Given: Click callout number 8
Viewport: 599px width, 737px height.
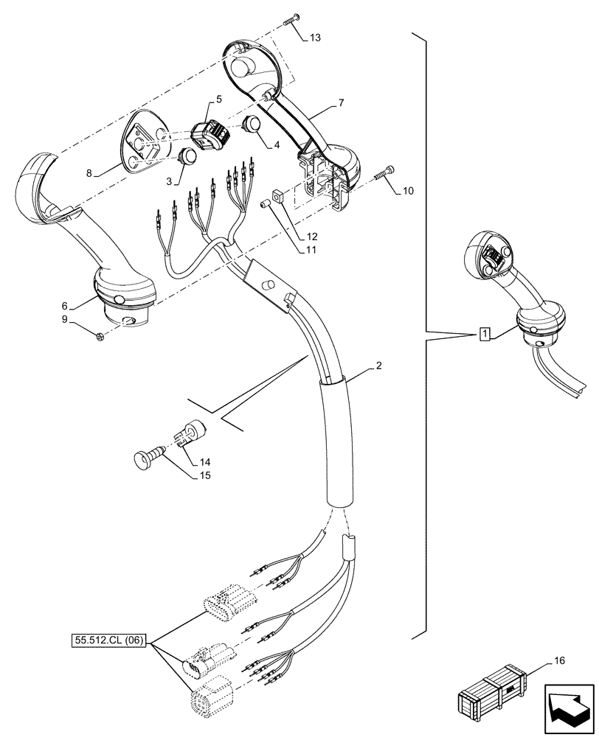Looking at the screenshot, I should [x=89, y=174].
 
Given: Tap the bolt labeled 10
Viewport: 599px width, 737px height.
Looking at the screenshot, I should [x=384, y=174].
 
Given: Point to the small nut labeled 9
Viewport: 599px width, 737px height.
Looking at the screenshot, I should [x=100, y=337].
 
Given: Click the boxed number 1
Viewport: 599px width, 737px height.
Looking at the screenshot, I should [x=484, y=334].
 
